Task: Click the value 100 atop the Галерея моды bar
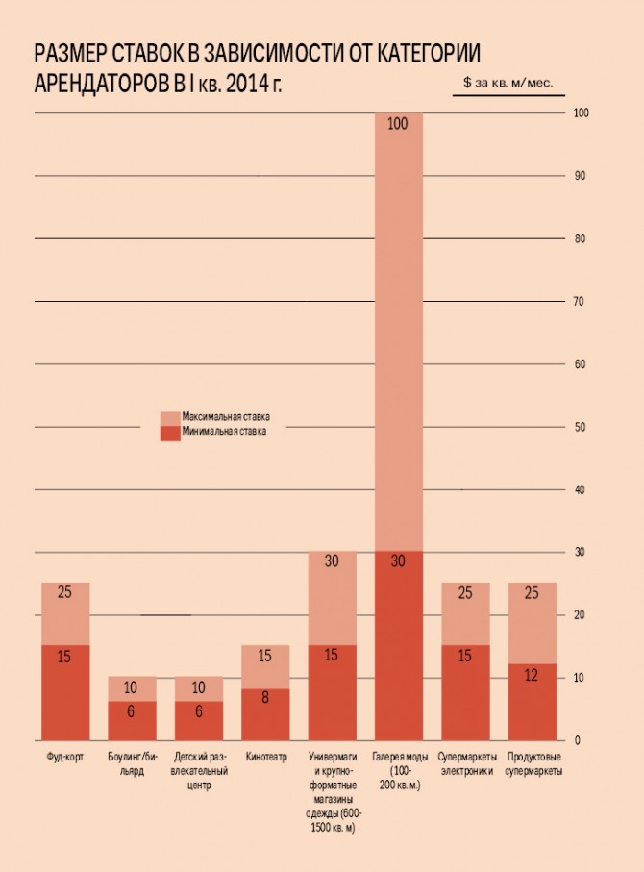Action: click(398, 124)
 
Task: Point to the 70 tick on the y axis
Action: click(580, 302)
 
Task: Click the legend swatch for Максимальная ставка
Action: click(169, 418)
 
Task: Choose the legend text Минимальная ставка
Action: click(224, 432)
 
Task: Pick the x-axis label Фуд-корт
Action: click(65, 757)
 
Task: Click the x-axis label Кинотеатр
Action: click(265, 757)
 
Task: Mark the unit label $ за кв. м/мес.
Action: click(508, 84)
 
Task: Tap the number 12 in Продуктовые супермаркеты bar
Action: click(532, 677)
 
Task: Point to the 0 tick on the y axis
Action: click(577, 740)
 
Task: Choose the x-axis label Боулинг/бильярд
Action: click(132, 763)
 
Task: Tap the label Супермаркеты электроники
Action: click(466, 763)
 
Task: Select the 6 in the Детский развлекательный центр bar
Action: click(198, 712)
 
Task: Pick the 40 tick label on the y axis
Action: click(580, 490)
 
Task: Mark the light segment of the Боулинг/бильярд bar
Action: click(132, 688)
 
